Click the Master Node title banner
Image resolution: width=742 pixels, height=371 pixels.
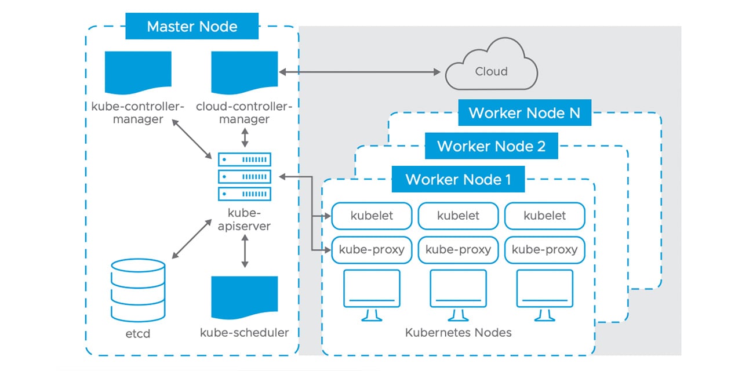(x=192, y=27)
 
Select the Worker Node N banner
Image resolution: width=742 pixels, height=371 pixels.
(x=524, y=112)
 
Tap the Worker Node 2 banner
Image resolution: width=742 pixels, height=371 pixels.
(x=491, y=146)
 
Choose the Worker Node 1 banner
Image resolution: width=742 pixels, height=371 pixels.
(x=458, y=179)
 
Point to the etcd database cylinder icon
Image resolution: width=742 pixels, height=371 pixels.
(x=138, y=290)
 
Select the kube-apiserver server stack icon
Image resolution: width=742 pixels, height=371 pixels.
(x=244, y=176)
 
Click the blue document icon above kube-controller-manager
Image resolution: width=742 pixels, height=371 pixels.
(x=138, y=74)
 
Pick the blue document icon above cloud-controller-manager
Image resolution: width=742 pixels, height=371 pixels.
(x=244, y=74)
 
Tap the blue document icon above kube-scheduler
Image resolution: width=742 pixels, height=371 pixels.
(x=244, y=299)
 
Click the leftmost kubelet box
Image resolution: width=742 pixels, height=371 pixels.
(x=372, y=216)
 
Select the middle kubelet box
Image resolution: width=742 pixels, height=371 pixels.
(x=458, y=216)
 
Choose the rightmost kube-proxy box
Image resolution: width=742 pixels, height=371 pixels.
(x=544, y=250)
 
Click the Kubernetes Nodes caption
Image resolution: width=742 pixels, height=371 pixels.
(x=458, y=333)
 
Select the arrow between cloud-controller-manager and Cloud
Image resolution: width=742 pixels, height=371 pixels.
(x=359, y=72)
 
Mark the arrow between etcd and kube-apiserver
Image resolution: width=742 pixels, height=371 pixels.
(x=192, y=239)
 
